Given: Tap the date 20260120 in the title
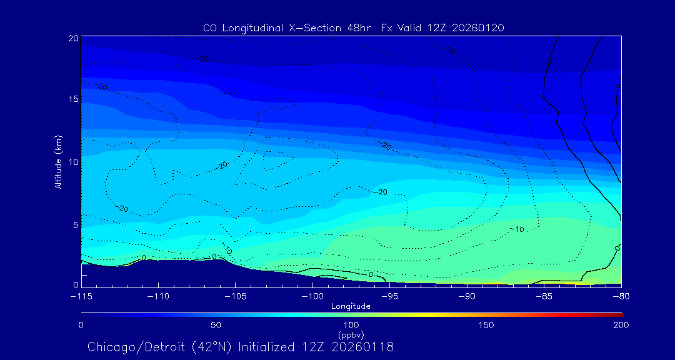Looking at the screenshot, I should pos(479,28).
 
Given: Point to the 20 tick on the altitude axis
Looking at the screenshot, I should pos(72,38).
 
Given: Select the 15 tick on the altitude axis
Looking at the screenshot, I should pos(72,100).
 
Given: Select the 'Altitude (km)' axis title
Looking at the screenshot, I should pos(58,162).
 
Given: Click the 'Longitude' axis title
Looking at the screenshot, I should pos(351,306).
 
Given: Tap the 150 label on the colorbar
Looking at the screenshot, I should pos(486,325).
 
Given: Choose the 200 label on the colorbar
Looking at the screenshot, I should pos(621,325).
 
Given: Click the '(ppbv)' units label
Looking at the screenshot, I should pos(351,335).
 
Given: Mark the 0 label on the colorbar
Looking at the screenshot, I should pos(81,325).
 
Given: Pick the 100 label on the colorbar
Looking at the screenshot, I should pos(351,325).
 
